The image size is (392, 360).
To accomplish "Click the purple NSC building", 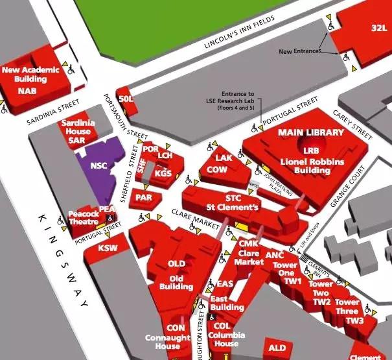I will (x=98, y=165).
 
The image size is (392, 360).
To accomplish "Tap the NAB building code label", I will (x=27, y=90).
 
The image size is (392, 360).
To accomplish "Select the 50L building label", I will (x=125, y=98).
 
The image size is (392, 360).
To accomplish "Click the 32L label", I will (x=378, y=28).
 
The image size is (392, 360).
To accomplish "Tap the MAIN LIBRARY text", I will (x=310, y=132).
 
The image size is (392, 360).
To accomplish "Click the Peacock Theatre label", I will (x=83, y=217).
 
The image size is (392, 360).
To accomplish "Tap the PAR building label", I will (x=143, y=197).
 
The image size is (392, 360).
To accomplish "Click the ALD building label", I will (x=277, y=348).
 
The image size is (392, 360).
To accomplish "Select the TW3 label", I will (x=354, y=321).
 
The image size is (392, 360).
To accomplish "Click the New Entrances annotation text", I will (x=299, y=51).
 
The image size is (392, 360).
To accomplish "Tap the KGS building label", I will (x=163, y=173).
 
